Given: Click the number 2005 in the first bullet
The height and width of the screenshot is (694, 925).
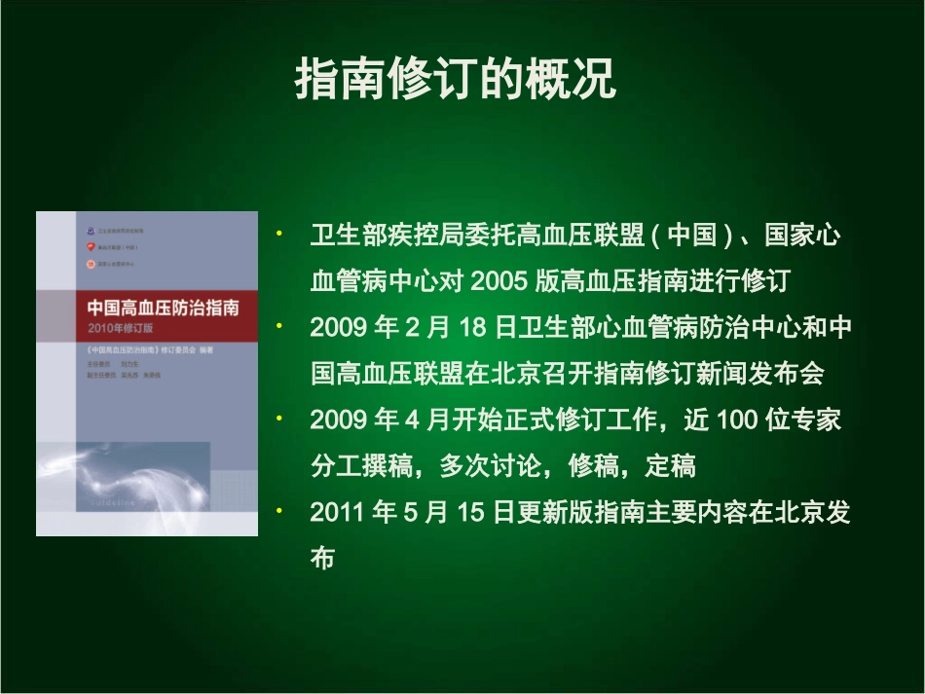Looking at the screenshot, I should [499, 281].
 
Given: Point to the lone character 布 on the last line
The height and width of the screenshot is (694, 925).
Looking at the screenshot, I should [323, 560].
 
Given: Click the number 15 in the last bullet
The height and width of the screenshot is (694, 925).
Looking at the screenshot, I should [470, 513].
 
